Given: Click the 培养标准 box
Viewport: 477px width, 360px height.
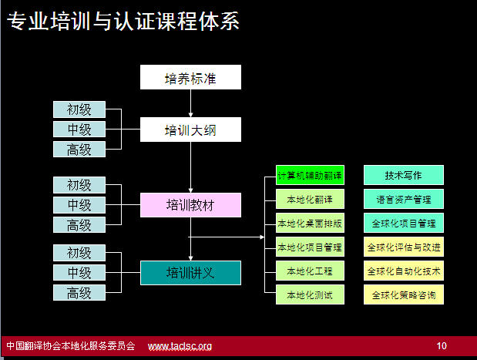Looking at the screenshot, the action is point(190,77).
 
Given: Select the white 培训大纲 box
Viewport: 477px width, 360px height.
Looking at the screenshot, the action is point(190,130).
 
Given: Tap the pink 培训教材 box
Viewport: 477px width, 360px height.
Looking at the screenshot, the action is point(190,205).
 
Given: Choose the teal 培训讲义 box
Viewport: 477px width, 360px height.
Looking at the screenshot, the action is point(190,273).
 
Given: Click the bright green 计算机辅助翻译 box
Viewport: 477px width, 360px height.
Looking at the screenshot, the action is point(310,175).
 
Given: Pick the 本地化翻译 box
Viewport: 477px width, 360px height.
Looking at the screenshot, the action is point(310,199).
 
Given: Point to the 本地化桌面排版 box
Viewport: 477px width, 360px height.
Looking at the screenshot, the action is point(310,223).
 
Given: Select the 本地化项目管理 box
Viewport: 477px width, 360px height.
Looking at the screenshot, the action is point(310,247).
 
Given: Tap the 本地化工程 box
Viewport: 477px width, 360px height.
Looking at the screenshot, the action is point(310,271).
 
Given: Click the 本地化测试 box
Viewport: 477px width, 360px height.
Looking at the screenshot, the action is point(310,294).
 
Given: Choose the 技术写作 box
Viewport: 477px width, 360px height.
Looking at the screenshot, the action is point(404,175).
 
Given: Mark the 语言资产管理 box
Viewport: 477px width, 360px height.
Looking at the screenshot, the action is point(404,199).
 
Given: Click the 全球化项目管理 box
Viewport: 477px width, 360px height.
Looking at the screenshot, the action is point(404,223).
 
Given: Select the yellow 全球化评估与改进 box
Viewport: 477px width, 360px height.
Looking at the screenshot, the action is point(404,247).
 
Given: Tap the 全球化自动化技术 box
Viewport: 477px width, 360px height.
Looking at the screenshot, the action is point(404,271).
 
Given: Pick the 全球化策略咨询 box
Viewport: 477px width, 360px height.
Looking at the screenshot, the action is point(404,294).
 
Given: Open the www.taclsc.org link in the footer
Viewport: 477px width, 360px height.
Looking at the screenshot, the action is point(180,346).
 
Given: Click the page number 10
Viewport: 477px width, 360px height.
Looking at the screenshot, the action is point(442,345).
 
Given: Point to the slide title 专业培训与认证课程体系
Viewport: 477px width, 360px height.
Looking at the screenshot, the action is point(123,21).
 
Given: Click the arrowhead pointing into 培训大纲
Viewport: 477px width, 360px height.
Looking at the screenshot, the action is point(191,115).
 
